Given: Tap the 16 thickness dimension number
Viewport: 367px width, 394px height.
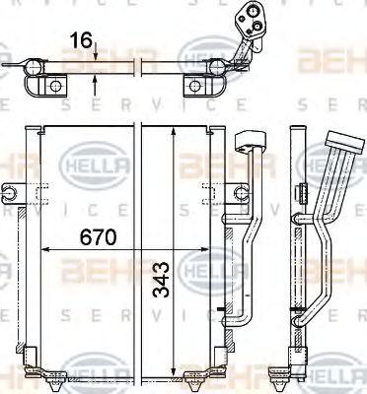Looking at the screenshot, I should click(82, 40).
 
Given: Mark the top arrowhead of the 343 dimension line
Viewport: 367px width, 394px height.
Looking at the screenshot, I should click(175, 132).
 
